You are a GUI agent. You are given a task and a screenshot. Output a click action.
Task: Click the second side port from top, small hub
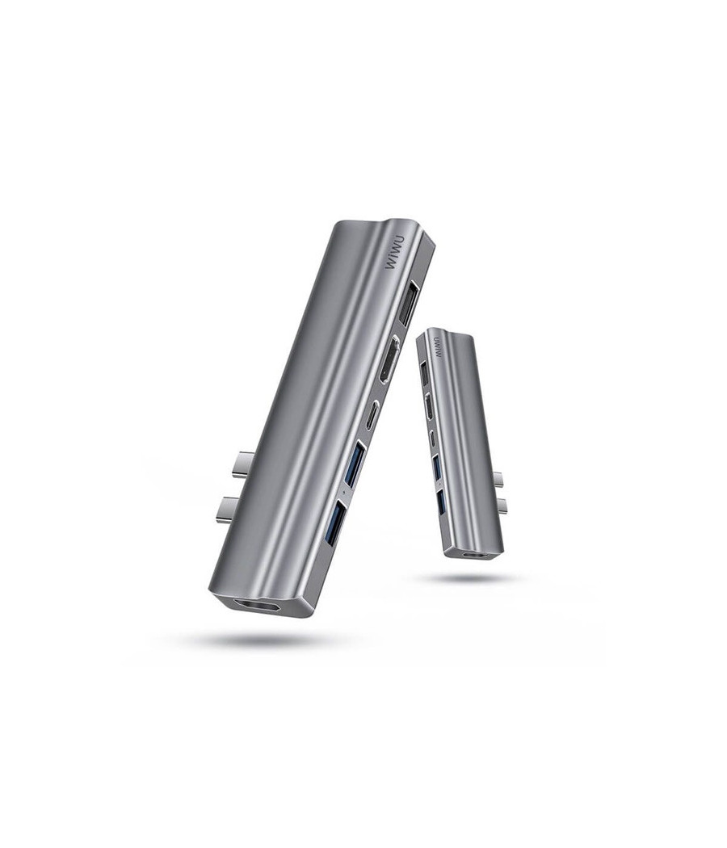pos(429,406)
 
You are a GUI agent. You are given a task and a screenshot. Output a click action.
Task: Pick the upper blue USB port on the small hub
pos(436,466)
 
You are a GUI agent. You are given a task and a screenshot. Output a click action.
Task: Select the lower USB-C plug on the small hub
pos(502,506)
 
